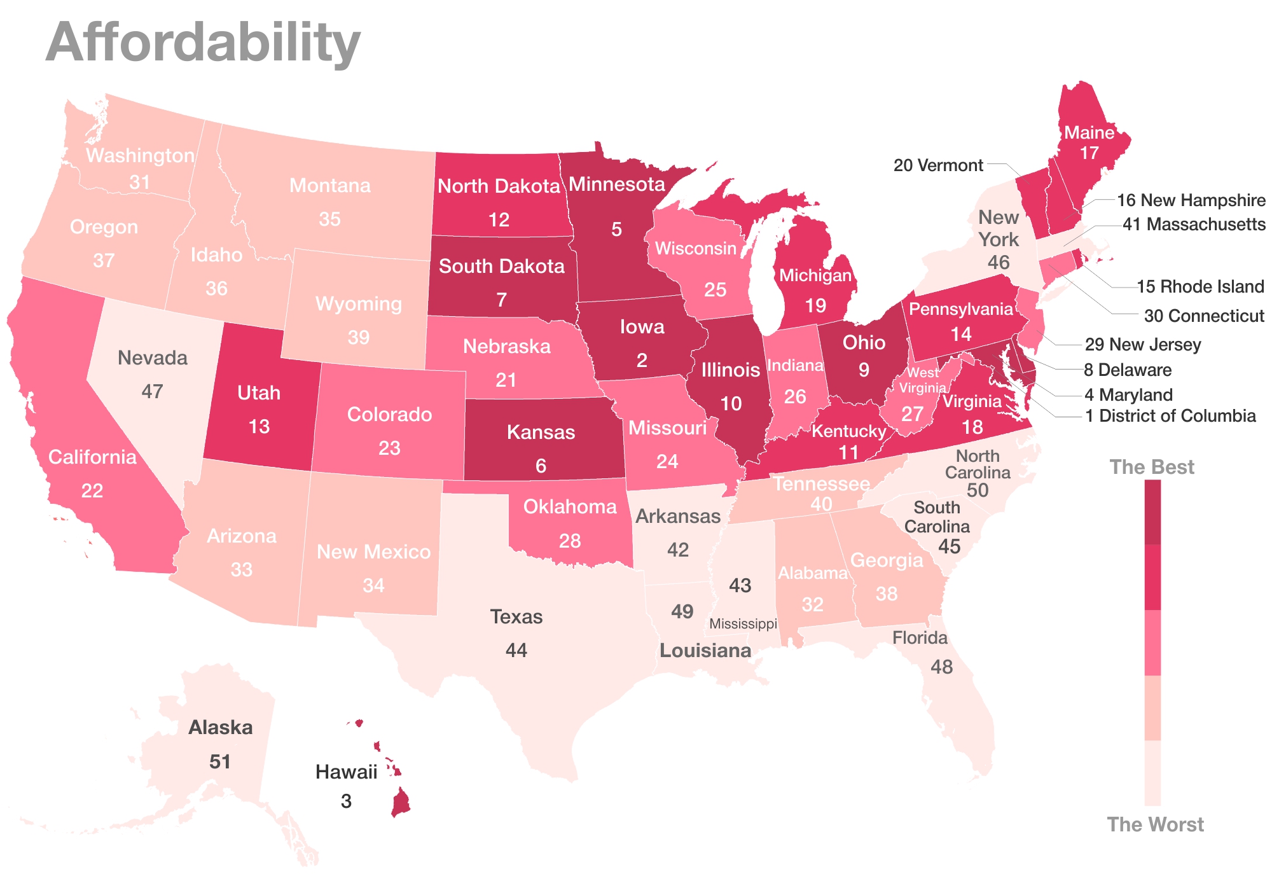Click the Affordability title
coord(203,43)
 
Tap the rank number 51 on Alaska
coord(220,761)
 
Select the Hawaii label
coord(346,772)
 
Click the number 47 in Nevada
coord(153,391)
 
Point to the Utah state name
coord(259,392)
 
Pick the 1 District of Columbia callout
coord(1170,416)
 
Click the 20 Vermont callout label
coord(938,165)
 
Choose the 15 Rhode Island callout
coord(1200,286)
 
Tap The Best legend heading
coord(1152,467)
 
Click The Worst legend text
coord(1155,824)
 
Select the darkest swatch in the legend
coord(1152,512)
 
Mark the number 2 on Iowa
coord(642,361)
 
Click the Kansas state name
coord(541,433)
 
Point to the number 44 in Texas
coord(516,650)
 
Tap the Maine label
coord(1089,132)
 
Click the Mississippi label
coord(743,623)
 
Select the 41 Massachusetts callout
coord(1194,225)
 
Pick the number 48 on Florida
coord(941,667)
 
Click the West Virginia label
coord(922,380)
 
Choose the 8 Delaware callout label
coord(1127,370)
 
